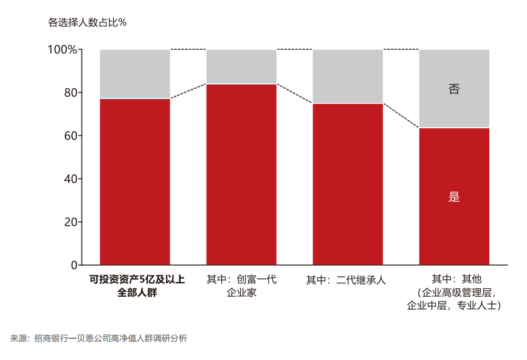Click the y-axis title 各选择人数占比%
pos(87,23)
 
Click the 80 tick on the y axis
pos(71,93)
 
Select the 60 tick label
pos(71,136)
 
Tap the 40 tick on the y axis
pos(71,179)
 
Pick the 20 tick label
pos(71,223)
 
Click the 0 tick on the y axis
pos(74,265)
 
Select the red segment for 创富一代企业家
pos(241,175)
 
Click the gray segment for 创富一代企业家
pos(241,66)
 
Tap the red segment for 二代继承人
pos(348,184)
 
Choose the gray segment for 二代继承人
pos(348,76)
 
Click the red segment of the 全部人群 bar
pos(134,182)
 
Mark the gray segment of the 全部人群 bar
pos(134,74)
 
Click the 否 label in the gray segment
pos(454,89)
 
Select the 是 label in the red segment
pos(454,197)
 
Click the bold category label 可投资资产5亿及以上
pos(137,280)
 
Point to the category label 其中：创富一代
pos(241,280)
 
